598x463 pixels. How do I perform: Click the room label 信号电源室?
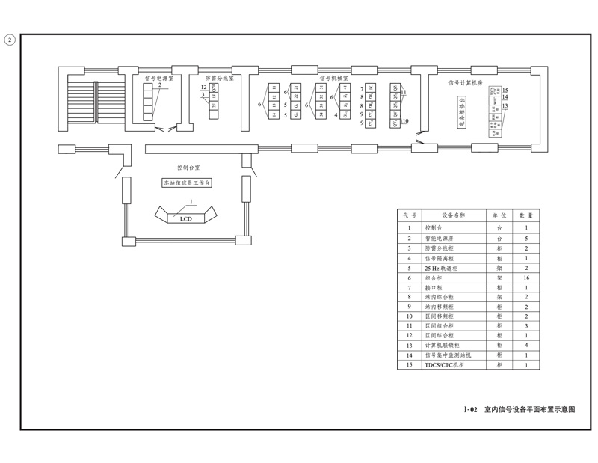pos(158,77)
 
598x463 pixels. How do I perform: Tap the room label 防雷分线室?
pos(220,77)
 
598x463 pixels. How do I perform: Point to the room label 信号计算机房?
pos(466,83)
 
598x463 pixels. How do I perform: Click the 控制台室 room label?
pos(188,168)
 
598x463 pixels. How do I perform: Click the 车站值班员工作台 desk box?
pos(188,183)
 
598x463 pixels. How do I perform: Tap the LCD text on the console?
pos(186,219)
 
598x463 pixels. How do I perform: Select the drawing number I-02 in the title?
pos(470,410)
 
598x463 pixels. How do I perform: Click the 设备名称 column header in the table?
pos(453,215)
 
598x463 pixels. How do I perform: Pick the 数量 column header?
pos(526,215)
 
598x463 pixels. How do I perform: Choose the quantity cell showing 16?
pos(526,277)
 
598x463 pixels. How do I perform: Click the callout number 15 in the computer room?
pos(505,91)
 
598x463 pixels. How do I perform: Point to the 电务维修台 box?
pos(461,111)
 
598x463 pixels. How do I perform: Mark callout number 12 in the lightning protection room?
pos(203,88)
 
